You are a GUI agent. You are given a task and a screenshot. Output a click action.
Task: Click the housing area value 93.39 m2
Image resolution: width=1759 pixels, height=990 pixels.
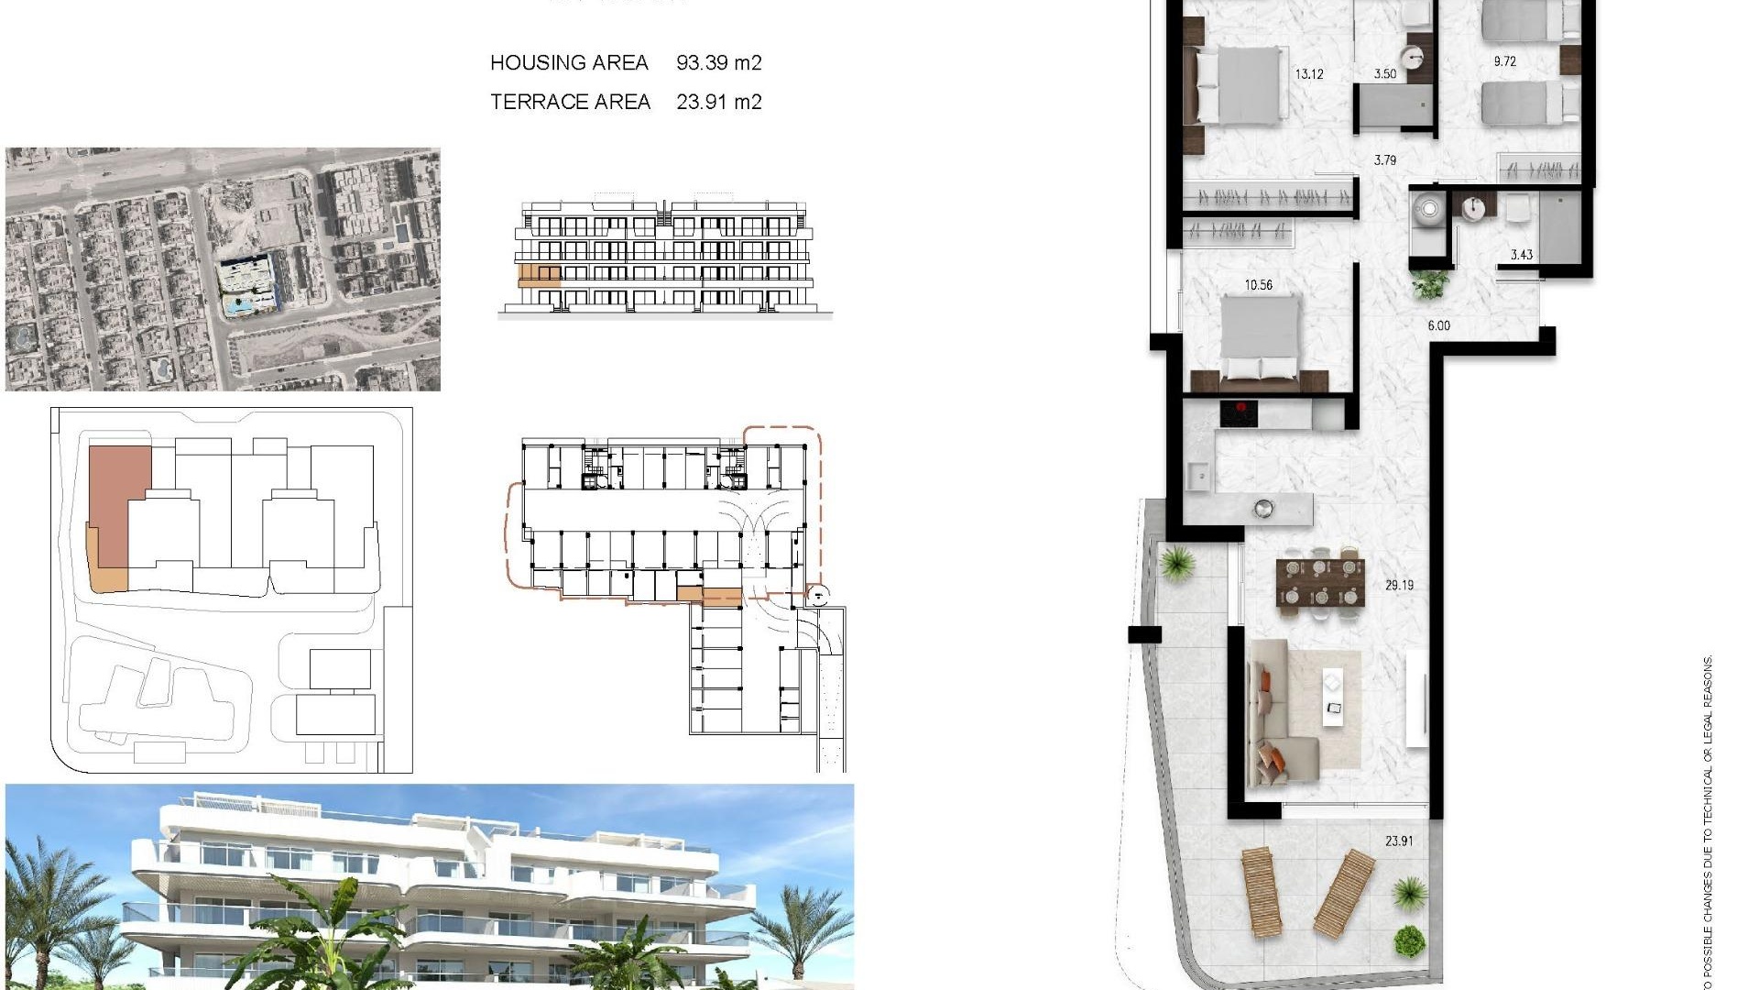click(718, 62)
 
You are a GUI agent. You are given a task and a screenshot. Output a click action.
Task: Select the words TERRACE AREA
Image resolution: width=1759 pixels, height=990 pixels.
click(570, 102)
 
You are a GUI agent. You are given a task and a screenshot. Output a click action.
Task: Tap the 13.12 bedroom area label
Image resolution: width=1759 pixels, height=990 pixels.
click(1308, 74)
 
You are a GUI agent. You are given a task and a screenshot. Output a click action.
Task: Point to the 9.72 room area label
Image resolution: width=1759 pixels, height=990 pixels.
click(1504, 61)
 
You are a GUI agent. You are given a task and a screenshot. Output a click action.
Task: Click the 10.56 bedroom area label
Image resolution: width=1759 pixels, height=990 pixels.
click(1258, 285)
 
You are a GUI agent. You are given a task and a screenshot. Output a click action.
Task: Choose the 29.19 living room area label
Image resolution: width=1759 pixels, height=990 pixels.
click(1399, 585)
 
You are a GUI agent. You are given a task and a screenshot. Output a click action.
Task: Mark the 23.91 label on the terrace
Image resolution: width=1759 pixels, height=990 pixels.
click(1398, 841)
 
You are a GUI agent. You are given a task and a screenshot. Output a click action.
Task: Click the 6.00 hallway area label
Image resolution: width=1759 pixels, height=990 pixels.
click(1438, 325)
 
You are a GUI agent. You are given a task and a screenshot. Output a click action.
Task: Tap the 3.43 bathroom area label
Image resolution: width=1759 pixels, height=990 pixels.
click(1521, 255)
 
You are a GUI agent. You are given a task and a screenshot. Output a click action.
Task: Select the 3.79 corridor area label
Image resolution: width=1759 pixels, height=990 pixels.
click(1384, 160)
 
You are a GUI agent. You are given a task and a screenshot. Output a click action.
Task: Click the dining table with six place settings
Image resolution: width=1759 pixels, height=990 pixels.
click(1320, 582)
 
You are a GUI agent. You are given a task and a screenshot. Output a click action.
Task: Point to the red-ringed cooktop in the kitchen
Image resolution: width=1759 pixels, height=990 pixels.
click(1239, 413)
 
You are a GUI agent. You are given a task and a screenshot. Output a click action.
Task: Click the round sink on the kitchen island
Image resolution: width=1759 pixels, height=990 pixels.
click(1263, 508)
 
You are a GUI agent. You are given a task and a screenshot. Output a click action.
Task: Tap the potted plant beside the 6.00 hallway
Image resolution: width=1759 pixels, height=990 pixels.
click(1429, 284)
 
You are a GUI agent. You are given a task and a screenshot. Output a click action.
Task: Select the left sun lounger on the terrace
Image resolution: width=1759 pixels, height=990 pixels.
click(1262, 892)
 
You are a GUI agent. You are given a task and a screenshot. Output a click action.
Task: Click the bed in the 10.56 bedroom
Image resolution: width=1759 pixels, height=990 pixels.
click(1260, 339)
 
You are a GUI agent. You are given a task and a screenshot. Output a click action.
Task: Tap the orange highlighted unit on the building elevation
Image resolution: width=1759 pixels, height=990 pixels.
click(539, 275)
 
